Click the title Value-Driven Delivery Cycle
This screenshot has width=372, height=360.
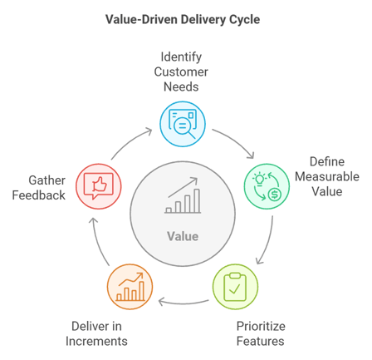(185, 17)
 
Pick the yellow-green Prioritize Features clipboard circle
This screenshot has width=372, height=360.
(236, 284)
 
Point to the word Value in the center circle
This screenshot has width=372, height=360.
(183, 236)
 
